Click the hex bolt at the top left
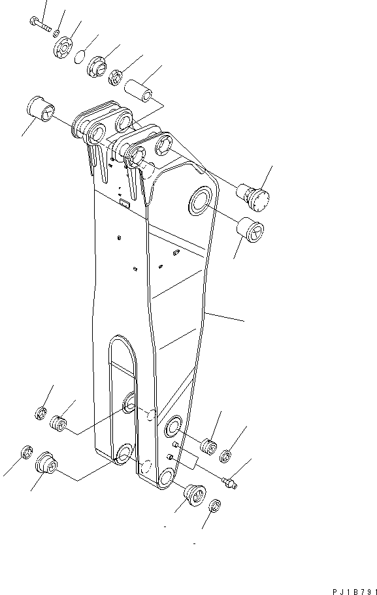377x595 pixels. pos(40,24)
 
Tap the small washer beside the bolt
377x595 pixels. pos(57,32)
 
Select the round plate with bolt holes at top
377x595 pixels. pos(67,48)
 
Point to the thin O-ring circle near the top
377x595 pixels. pos(79,57)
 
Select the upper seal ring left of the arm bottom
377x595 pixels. pos(39,414)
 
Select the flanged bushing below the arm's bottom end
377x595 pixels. pos(194,494)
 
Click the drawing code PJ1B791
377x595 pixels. pos(353,590)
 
